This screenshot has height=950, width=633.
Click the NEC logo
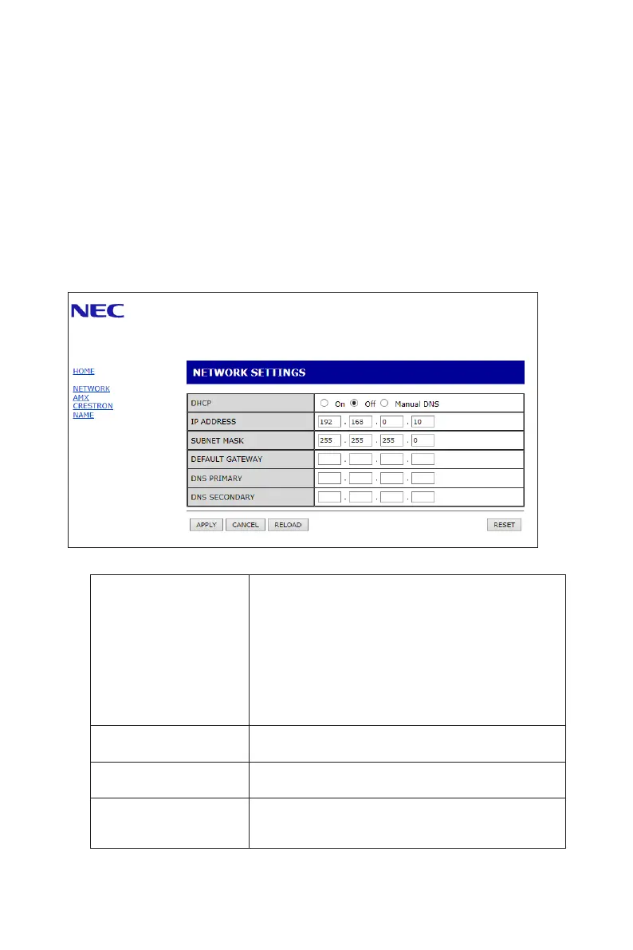pyautogui.click(x=97, y=310)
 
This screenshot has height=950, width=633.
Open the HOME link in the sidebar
pyautogui.click(x=84, y=372)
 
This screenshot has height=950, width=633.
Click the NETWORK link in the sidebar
pyautogui.click(x=91, y=389)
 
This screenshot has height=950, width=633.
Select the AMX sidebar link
pyautogui.click(x=81, y=397)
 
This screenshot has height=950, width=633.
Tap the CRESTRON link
pyautogui.click(x=92, y=406)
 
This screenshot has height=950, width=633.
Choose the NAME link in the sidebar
pyautogui.click(x=83, y=415)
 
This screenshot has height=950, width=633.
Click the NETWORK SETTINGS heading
pyautogui.click(x=246, y=373)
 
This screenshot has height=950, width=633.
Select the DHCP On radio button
pyautogui.click(x=324, y=403)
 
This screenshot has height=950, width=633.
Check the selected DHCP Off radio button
pyautogui.click(x=355, y=403)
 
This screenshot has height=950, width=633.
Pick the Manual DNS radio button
pyautogui.click(x=384, y=403)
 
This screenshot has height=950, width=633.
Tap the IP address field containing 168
pyautogui.click(x=361, y=421)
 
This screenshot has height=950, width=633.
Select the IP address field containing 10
pyautogui.click(x=423, y=421)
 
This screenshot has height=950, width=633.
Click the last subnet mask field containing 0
pyautogui.click(x=423, y=440)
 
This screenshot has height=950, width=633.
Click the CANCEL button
pyautogui.click(x=246, y=525)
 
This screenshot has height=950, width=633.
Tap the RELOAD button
pyautogui.click(x=288, y=525)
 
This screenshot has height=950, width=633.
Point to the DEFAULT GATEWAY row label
pyautogui.click(x=226, y=459)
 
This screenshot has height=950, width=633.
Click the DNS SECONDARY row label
pyautogui.click(x=222, y=497)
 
